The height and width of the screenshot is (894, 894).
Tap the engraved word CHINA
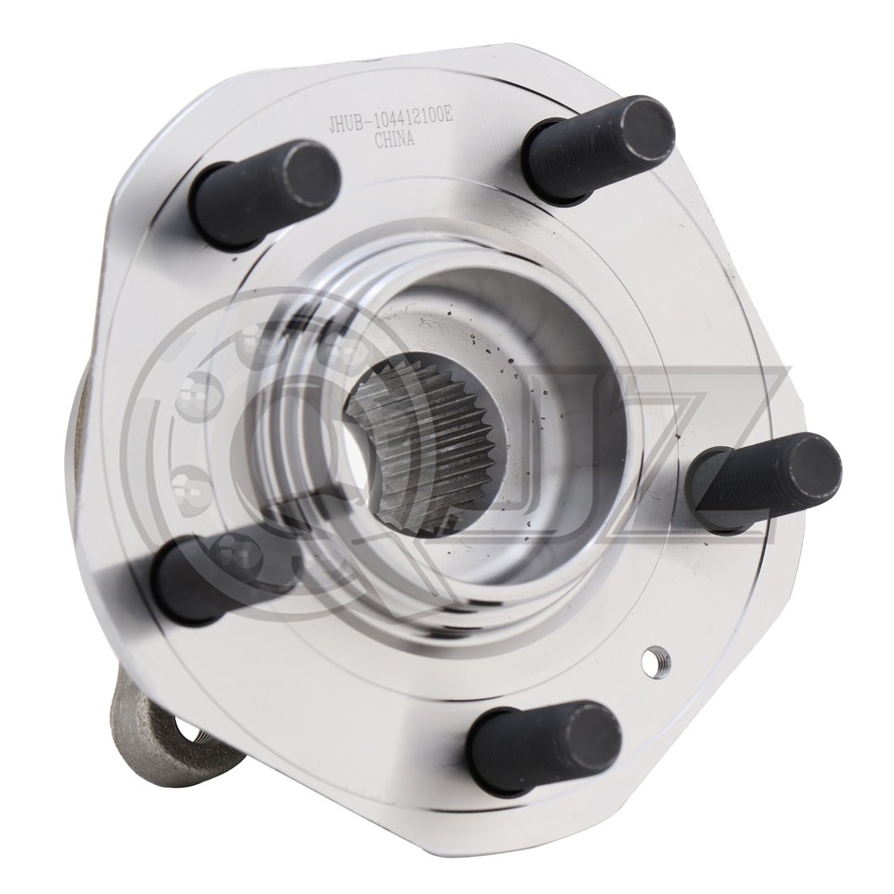pos(394,141)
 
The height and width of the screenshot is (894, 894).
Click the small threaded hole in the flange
pos(657,662)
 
